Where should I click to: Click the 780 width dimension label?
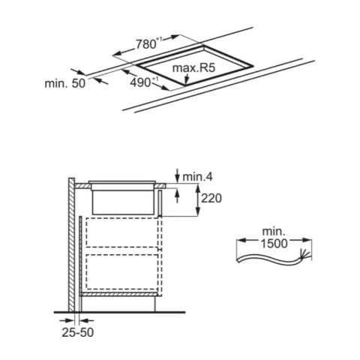click(145, 44)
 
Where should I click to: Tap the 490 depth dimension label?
click(140, 82)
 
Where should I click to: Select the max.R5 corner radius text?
click(193, 67)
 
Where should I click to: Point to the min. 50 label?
click(65, 83)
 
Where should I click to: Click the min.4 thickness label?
click(197, 177)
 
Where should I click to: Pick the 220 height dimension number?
click(211, 199)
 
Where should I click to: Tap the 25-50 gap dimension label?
click(78, 332)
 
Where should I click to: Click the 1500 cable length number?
click(274, 244)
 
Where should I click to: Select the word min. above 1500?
click(274, 232)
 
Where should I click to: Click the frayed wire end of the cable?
click(307, 254)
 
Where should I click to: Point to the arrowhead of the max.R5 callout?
click(186, 81)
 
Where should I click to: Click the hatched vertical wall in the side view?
click(71, 244)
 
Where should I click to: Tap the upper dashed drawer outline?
click(122, 232)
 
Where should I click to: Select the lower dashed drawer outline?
click(122, 271)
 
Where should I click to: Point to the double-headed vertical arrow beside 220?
click(198, 199)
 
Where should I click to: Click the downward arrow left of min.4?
click(177, 175)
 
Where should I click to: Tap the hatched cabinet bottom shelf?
click(121, 294)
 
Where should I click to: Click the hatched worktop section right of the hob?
click(160, 186)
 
